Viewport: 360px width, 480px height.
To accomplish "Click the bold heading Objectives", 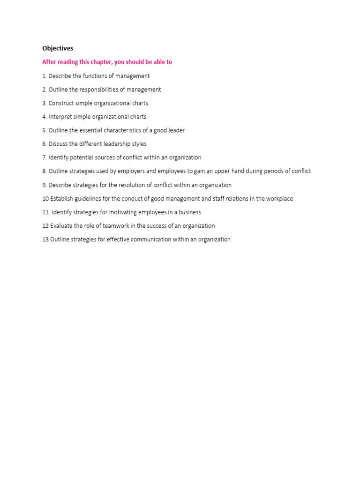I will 58,48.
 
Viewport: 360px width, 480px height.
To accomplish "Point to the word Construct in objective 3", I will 61,103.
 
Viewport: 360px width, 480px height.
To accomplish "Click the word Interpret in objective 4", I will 60,117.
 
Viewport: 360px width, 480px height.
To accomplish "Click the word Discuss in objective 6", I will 59,144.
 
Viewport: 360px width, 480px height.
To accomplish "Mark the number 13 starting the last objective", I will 45,240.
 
